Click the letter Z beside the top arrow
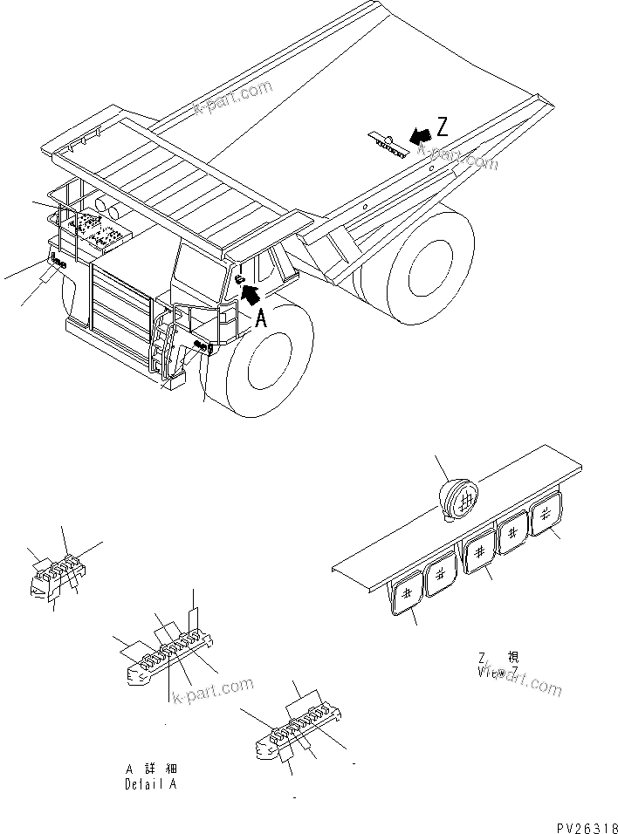[x=443, y=127]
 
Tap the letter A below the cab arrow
[x=260, y=320]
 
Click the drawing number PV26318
[x=584, y=823]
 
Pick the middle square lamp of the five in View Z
[x=478, y=555]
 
